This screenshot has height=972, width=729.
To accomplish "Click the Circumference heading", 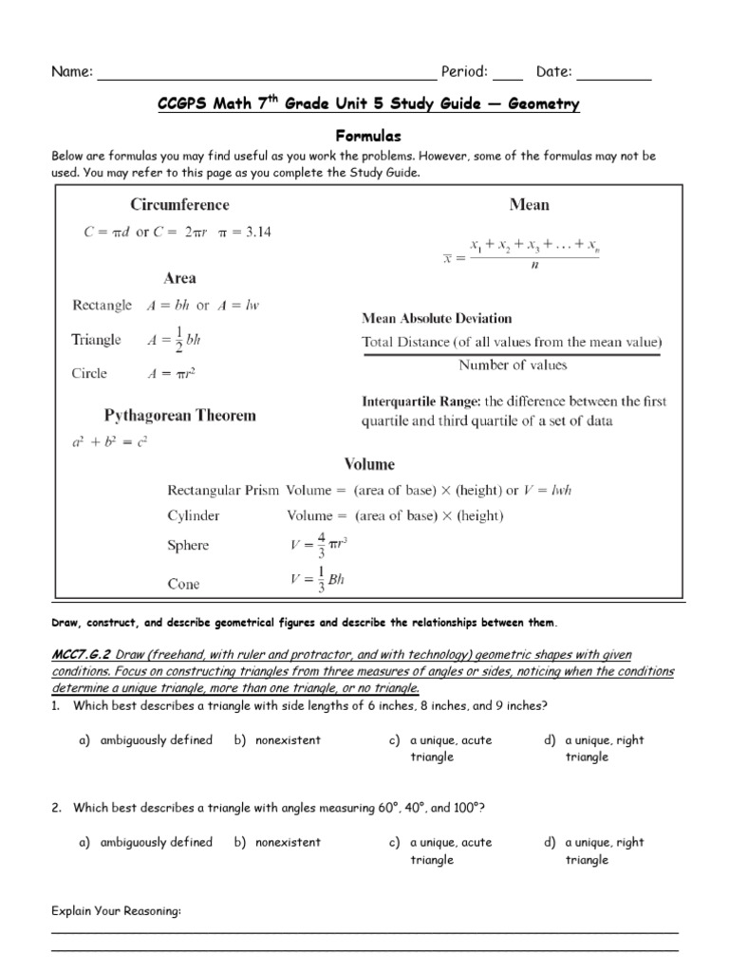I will (179, 204).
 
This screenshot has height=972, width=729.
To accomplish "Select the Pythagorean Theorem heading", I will (179, 416).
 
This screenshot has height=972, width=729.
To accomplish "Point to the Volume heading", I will (369, 464).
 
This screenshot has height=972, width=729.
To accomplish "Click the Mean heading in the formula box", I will (529, 204).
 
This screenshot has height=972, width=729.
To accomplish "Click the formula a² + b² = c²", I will (110, 441).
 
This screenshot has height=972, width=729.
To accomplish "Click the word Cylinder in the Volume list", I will (194, 515).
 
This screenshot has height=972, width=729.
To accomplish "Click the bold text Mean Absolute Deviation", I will (437, 318).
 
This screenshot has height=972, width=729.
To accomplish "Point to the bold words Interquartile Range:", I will (423, 402).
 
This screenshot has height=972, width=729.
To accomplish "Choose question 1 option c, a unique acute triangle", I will (450, 748).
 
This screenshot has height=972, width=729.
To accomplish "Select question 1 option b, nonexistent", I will (287, 739).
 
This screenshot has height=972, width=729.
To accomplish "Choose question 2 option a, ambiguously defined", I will (156, 842).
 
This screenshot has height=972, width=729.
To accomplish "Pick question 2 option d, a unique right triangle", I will (604, 850).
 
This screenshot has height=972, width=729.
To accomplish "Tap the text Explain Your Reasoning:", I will (116, 911).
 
